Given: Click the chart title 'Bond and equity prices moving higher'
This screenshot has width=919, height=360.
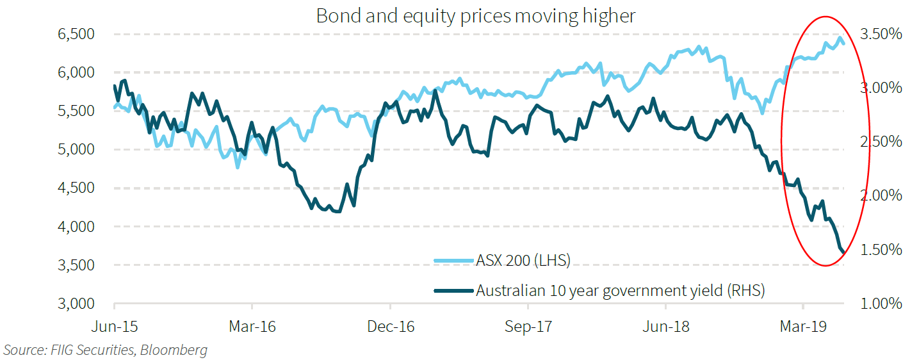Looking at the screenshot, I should coord(476,15).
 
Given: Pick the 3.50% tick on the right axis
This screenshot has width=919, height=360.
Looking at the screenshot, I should coord(884,34).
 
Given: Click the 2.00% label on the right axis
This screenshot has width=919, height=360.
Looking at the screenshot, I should coord(884,195).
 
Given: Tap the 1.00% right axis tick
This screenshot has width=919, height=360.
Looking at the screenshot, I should coord(884,304).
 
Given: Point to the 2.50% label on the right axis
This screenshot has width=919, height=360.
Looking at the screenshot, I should coord(884,142).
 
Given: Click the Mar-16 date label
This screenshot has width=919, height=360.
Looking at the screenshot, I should coord(252,327).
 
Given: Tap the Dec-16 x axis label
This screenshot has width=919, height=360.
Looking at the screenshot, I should coord(390,327).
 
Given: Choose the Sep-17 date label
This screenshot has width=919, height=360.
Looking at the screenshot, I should coord(528,327).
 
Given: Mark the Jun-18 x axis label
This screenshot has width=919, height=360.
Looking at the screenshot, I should coord(666,327).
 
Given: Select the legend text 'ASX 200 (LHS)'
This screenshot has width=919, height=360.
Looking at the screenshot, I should coord(523,260).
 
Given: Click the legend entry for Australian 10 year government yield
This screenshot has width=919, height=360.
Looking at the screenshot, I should coord(620,290).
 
